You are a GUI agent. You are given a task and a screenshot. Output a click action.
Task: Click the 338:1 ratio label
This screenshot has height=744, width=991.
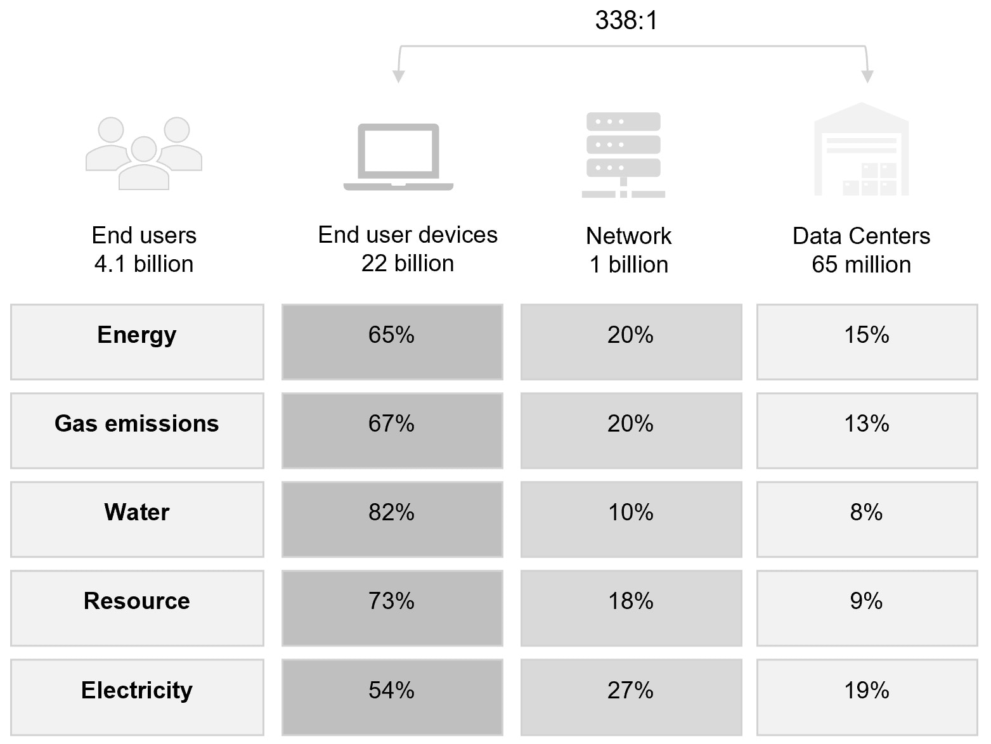pos(626,20)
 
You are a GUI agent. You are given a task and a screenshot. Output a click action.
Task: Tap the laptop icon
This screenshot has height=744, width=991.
pos(398,157)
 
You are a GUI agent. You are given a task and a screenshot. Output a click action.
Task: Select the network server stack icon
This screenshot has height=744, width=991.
pos(623,155)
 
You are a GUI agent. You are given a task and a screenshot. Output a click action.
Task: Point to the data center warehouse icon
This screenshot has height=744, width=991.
pos(861,150)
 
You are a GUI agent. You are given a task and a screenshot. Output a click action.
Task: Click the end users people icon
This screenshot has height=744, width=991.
pos(144,153)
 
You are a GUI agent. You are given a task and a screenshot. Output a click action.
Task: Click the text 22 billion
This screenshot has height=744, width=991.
pos(408,264)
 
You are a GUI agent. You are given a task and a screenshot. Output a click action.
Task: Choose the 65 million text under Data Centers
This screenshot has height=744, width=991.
pos(861,265)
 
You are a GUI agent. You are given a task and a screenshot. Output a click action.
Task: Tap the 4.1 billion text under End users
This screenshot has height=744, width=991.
pos(144,264)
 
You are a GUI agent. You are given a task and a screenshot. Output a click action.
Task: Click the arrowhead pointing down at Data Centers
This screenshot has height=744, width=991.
pos(867,76)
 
